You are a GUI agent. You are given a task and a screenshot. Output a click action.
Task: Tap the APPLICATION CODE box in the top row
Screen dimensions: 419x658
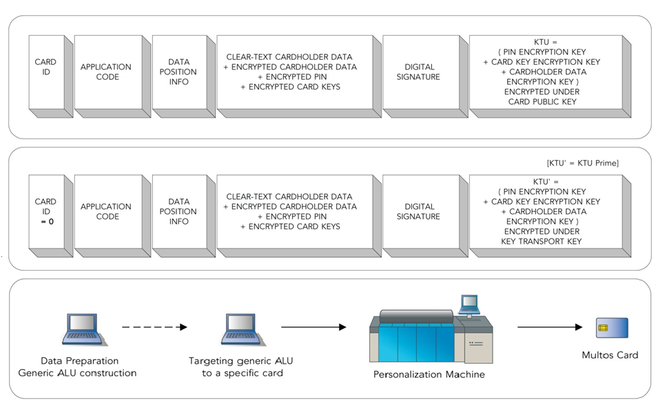[105, 72]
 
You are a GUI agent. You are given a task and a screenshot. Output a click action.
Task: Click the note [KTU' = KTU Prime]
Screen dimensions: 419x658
[582, 163]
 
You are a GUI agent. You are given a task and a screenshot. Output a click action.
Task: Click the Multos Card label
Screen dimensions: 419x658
[610, 355]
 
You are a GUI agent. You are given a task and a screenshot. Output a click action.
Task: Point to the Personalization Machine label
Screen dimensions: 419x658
[429, 375]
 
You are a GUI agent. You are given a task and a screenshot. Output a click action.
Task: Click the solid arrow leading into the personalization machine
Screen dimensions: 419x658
[313, 327]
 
